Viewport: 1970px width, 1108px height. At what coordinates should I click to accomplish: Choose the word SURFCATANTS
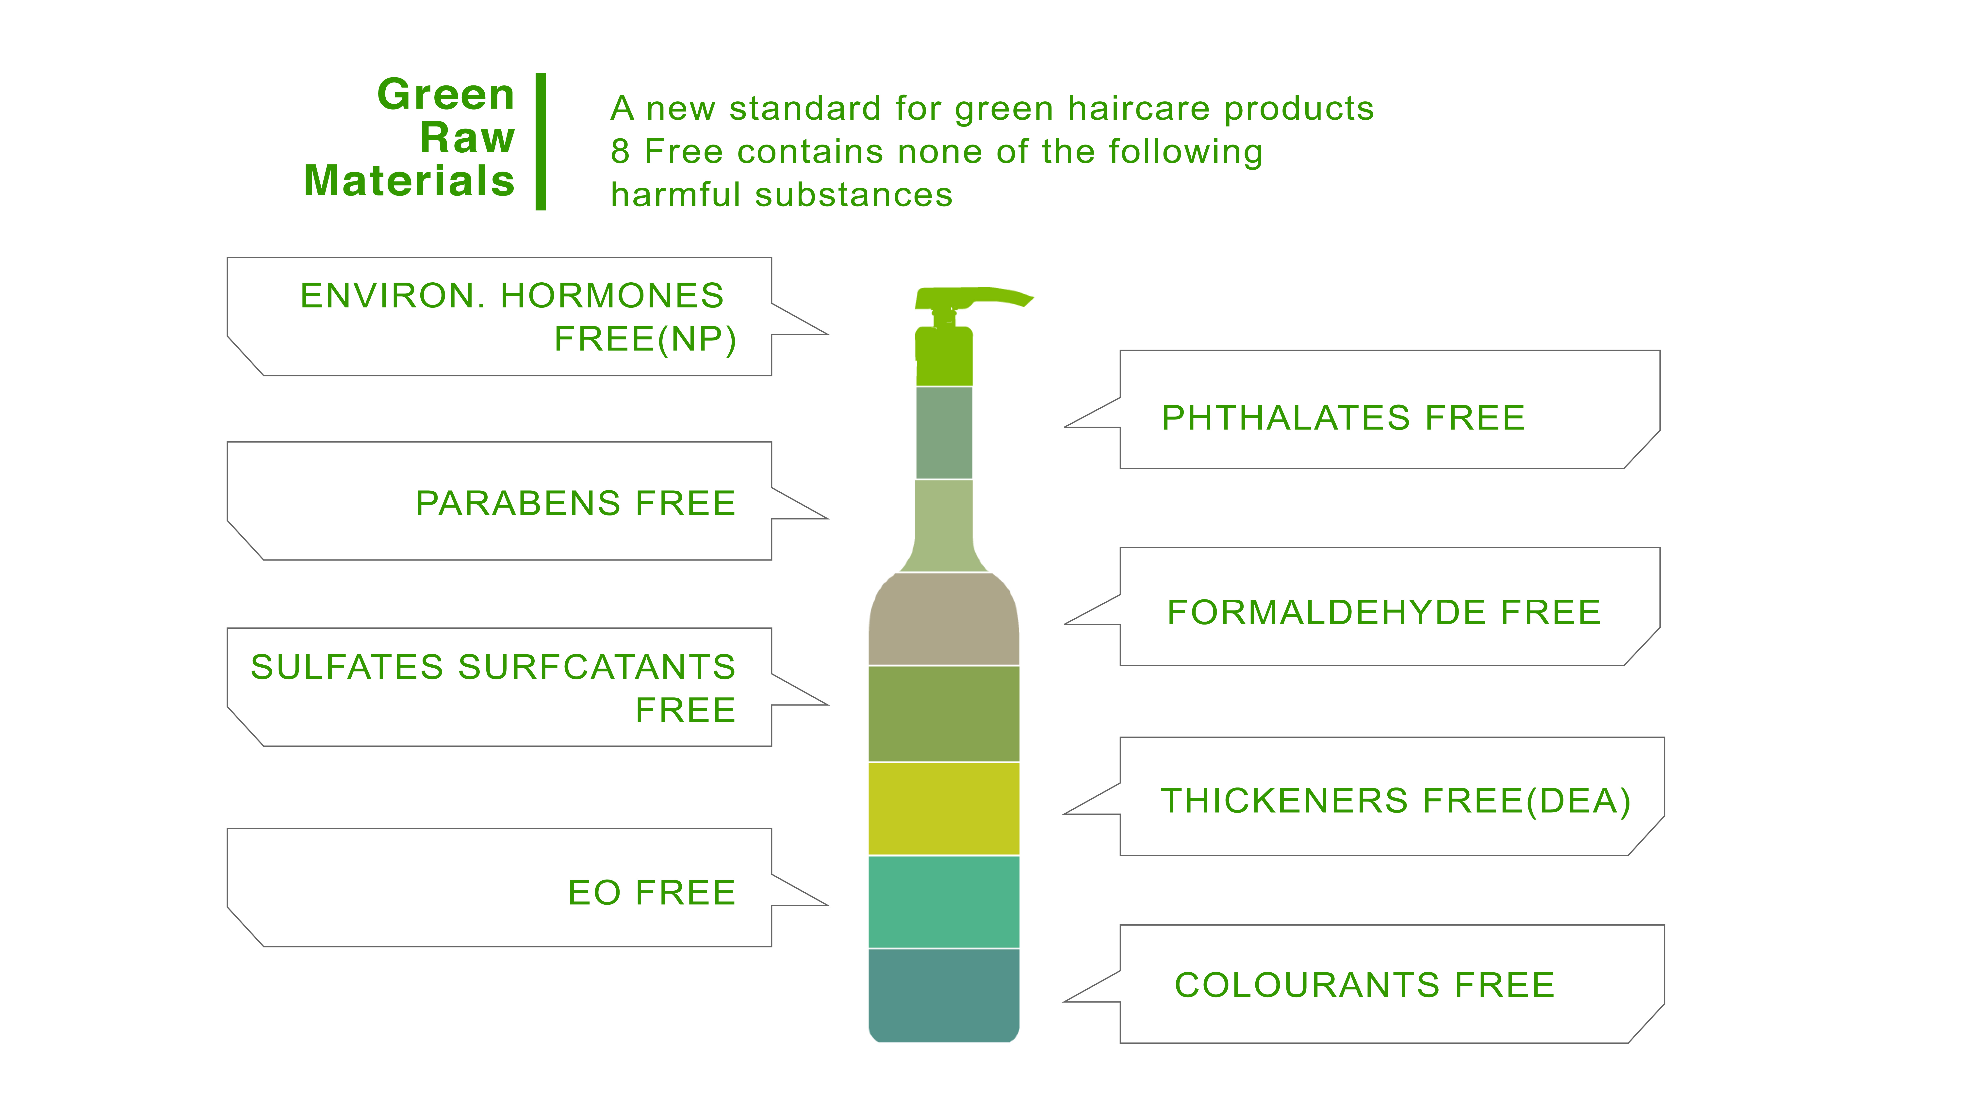pyautogui.click(x=596, y=668)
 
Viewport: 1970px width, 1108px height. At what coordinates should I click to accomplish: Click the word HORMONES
pyautogui.click(x=612, y=296)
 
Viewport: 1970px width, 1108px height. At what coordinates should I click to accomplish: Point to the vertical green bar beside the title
pyautogui.click(x=541, y=142)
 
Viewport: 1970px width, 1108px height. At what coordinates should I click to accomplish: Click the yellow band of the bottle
pyautogui.click(x=944, y=808)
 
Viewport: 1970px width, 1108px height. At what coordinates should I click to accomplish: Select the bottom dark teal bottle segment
pyautogui.click(x=944, y=995)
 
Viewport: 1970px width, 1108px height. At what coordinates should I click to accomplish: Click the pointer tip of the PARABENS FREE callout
pyautogui.click(x=828, y=518)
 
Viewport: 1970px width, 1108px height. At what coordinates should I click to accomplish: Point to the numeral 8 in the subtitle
pyautogui.click(x=620, y=152)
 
